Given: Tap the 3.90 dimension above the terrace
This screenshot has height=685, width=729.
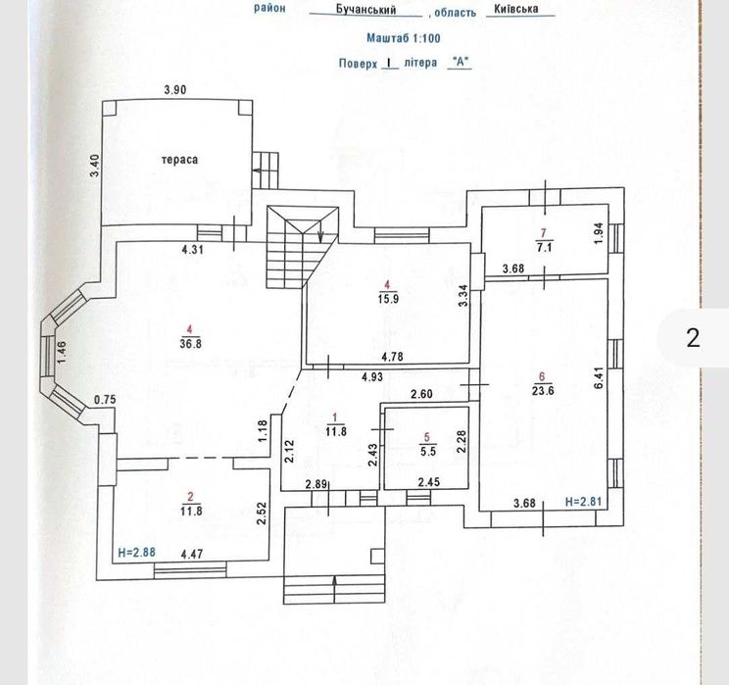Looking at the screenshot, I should pos(174,90).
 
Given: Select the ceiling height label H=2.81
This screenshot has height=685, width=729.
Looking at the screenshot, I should pos(583,503).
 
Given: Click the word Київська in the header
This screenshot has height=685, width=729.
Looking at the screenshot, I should pos(517,11).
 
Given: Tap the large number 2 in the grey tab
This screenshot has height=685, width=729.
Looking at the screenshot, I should pos(694,338).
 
